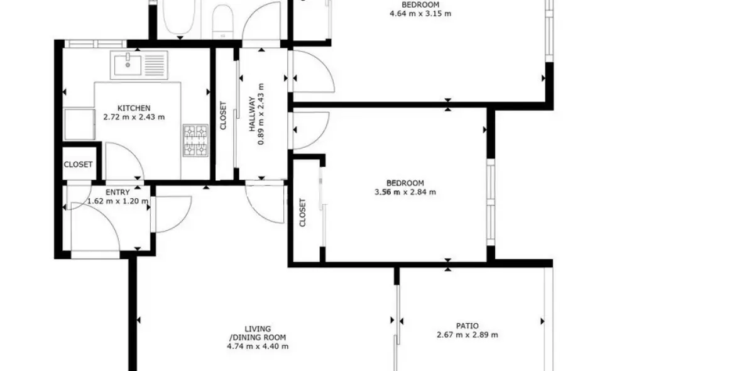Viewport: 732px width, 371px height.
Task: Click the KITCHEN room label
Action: [x=134, y=108]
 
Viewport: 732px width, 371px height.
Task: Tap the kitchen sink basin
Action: [x=128, y=63]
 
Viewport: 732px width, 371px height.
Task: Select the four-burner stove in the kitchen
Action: [x=195, y=140]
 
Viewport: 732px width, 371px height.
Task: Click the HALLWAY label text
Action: [x=251, y=114]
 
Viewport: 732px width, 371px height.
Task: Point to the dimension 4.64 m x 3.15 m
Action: [x=420, y=13]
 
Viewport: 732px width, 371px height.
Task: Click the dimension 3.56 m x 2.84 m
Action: [x=405, y=192]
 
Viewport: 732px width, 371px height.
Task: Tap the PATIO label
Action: [x=467, y=326]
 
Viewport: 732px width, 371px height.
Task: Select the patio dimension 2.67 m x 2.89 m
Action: [x=467, y=335]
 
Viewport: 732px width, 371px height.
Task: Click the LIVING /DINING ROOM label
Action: [x=258, y=333]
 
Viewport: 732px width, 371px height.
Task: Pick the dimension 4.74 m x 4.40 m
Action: [x=258, y=346]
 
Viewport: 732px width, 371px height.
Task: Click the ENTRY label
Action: [x=117, y=192]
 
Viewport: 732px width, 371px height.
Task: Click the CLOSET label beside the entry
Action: [x=79, y=165]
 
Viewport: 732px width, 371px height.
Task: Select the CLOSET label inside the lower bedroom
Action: [x=303, y=213]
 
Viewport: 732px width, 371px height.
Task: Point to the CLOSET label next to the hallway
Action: [x=223, y=116]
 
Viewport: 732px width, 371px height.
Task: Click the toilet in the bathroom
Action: [x=222, y=19]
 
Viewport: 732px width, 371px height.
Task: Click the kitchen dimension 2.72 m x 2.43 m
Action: [x=134, y=117]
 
